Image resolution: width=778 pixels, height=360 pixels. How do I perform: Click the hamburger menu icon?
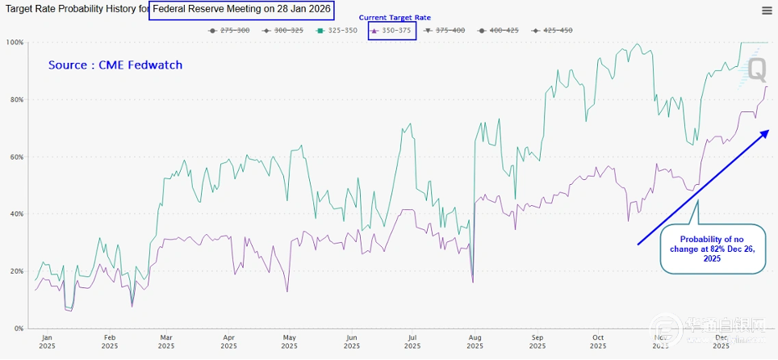766,10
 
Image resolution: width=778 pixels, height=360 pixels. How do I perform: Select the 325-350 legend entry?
337,31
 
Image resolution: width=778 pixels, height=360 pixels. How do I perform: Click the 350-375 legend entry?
392,31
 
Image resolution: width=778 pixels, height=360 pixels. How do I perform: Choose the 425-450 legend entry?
553,31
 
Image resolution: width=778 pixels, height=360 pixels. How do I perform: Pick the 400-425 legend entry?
500,31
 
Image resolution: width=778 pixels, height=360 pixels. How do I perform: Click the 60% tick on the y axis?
15,157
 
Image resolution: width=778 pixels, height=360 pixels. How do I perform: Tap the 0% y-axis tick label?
18,329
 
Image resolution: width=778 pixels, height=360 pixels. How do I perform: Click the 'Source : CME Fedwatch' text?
115,65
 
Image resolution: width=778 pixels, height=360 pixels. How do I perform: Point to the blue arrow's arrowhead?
764,132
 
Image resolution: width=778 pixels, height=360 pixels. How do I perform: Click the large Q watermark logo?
756,69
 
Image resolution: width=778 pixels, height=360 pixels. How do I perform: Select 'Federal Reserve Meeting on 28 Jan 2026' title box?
248,10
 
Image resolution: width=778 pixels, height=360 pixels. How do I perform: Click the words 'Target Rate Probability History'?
73,10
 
